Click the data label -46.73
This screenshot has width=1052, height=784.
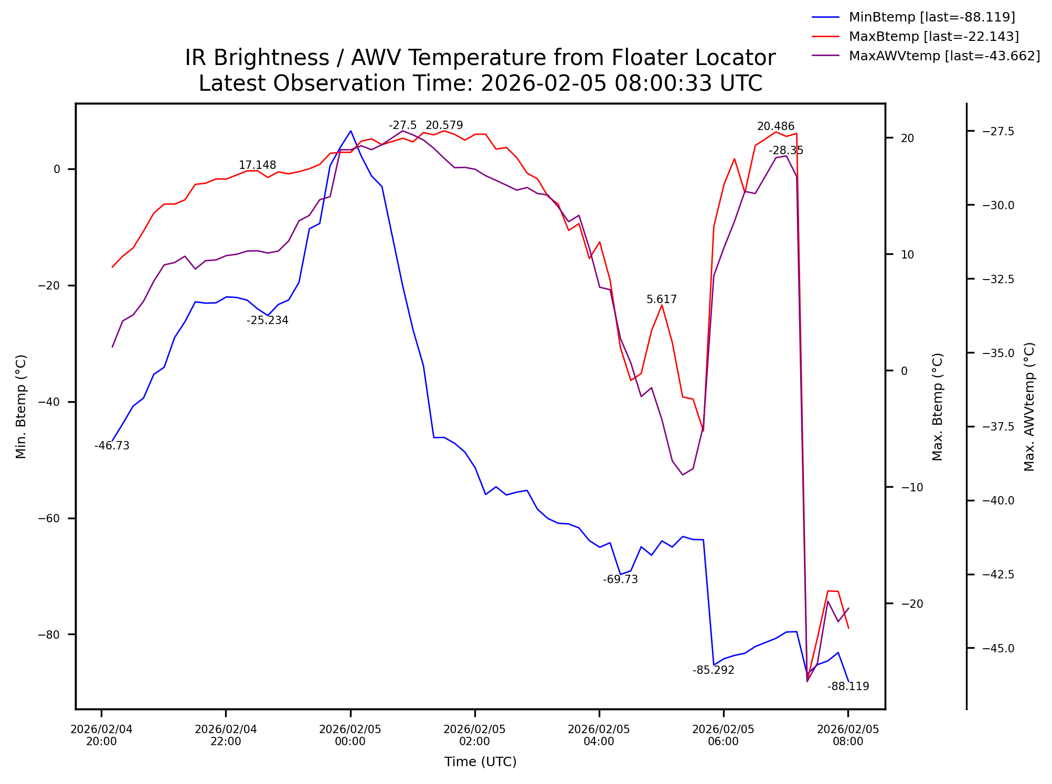pos(112,446)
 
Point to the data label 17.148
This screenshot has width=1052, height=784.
pos(257,166)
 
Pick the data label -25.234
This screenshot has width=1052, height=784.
pos(268,320)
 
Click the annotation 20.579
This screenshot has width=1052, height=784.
pos(444,125)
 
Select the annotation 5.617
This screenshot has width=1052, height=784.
pos(662,299)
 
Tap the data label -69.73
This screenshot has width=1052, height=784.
pos(620,579)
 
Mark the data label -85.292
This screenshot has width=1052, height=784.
pos(713,670)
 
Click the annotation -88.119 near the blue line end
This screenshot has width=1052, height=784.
pos(848,686)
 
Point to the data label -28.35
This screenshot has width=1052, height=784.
pos(786,151)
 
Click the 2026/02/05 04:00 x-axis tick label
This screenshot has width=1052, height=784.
pos(599,735)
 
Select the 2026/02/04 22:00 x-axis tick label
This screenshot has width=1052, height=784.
pos(226,735)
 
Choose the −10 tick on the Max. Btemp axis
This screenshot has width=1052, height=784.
pos(912,487)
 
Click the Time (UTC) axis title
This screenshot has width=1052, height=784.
pos(480,762)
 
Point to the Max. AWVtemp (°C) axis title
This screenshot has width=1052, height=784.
pos(1029,406)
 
